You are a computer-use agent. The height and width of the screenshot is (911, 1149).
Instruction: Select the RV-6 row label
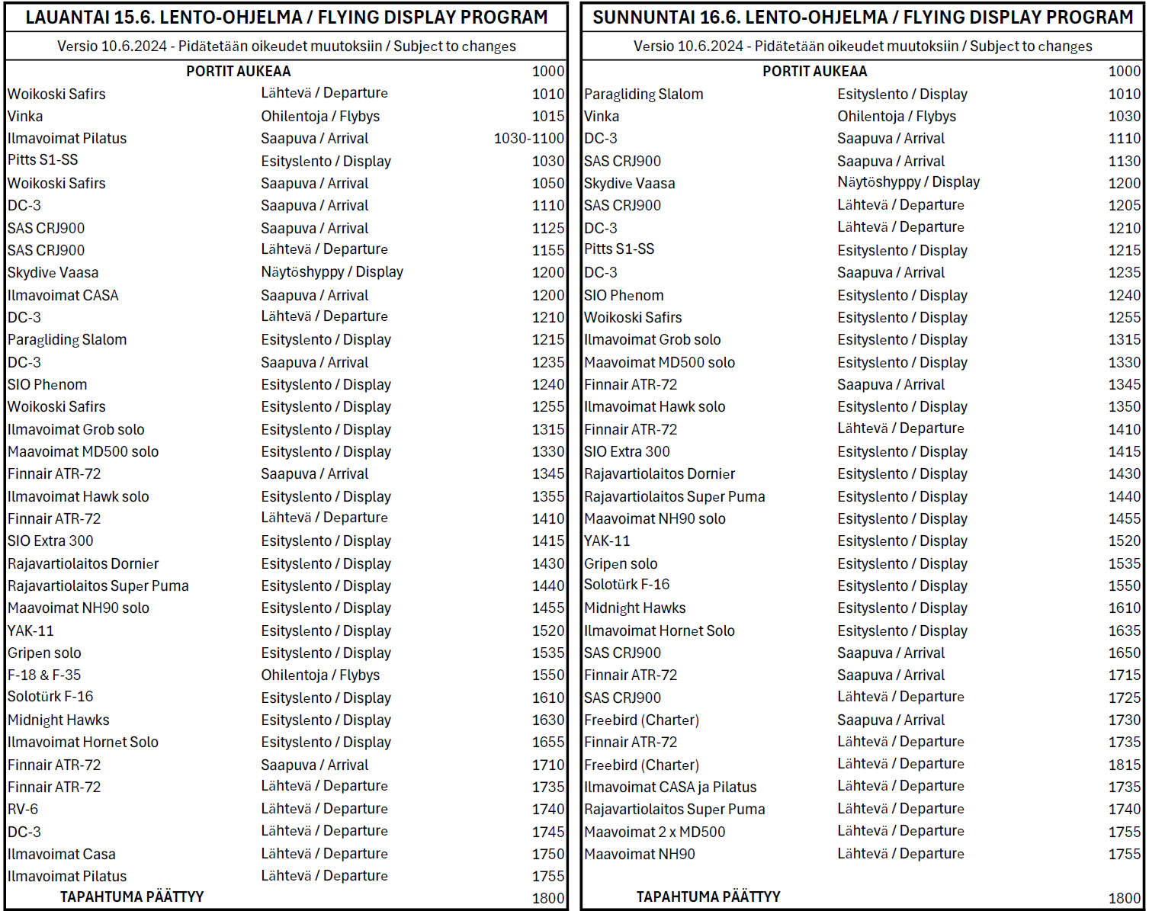pyautogui.click(x=23, y=810)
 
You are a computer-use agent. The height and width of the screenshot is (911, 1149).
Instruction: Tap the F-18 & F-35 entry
pyautogui.click(x=44, y=675)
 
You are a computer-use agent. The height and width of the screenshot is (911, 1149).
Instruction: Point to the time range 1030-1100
pyautogui.click(x=528, y=139)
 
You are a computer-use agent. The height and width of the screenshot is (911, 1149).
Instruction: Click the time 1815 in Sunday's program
pyautogui.click(x=1125, y=765)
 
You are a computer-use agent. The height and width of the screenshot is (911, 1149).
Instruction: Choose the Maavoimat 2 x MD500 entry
pyautogui.click(x=654, y=832)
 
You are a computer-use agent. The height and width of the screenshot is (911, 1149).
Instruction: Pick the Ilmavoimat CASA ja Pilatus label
pyautogui.click(x=670, y=788)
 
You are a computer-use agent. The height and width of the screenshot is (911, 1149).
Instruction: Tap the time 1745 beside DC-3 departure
pyautogui.click(x=548, y=832)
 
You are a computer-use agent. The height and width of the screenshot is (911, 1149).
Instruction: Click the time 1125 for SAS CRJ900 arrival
pyautogui.click(x=548, y=229)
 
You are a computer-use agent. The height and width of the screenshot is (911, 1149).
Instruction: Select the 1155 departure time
pyautogui.click(x=548, y=251)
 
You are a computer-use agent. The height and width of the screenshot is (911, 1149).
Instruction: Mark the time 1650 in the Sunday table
pyautogui.click(x=1125, y=653)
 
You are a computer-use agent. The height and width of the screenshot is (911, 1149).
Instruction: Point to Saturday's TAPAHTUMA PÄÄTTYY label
pyautogui.click(x=132, y=897)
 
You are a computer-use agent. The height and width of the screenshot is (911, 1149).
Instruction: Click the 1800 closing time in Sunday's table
pyautogui.click(x=1125, y=899)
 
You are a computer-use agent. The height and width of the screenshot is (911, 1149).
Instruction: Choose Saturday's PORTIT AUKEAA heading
pyautogui.click(x=238, y=72)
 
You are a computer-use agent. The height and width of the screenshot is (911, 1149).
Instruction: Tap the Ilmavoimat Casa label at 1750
pyautogui.click(x=62, y=855)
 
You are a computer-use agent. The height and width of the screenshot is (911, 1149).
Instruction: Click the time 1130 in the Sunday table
pyautogui.click(x=1125, y=162)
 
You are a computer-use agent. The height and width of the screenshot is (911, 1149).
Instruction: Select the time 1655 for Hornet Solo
pyautogui.click(x=548, y=743)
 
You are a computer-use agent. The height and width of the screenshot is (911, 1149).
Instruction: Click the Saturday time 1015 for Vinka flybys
pyautogui.click(x=548, y=117)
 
